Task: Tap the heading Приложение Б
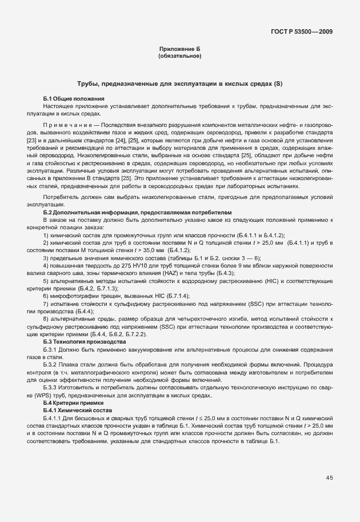179,50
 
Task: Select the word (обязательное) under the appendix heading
179,56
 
